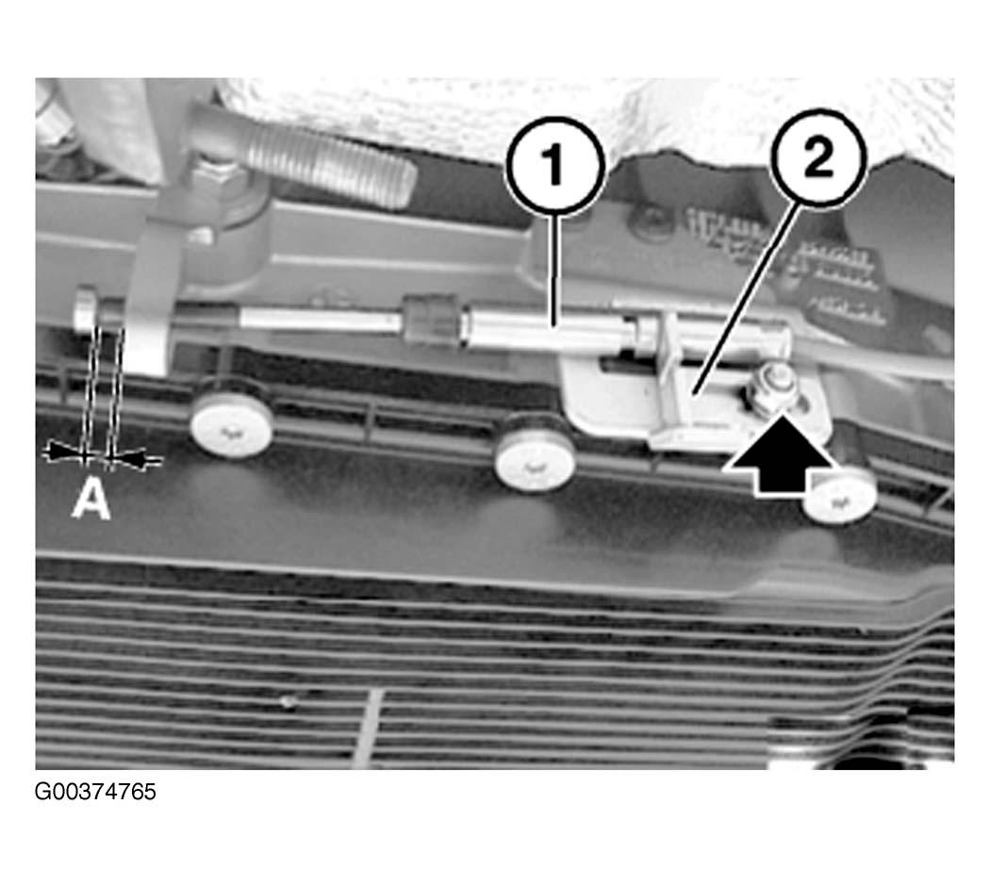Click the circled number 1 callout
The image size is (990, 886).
(x=555, y=165)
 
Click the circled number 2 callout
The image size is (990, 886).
(x=817, y=157)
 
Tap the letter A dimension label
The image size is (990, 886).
(x=91, y=499)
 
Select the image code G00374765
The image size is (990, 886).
(x=95, y=792)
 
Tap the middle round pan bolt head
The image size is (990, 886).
(x=536, y=455)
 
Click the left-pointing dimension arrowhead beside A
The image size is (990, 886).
(x=129, y=458)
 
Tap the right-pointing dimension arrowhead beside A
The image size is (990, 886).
(x=66, y=451)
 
